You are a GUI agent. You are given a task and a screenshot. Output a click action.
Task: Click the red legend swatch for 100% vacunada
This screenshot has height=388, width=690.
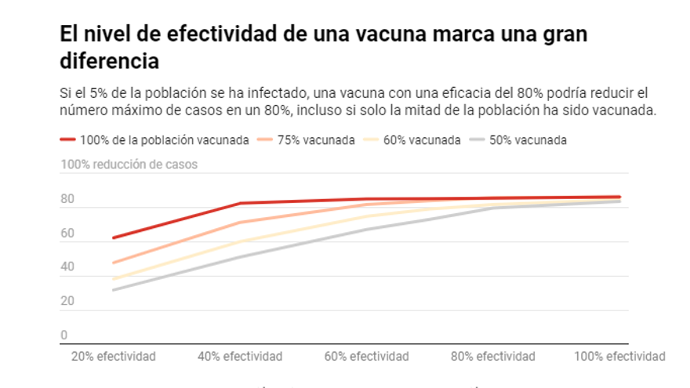coord(68,140)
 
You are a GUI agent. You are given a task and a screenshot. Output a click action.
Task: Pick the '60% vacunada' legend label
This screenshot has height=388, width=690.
coord(422,140)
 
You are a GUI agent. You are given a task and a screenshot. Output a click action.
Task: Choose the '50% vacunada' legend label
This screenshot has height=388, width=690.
coord(528,140)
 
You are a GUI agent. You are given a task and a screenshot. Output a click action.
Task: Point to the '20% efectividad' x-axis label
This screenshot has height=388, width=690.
coord(114,357)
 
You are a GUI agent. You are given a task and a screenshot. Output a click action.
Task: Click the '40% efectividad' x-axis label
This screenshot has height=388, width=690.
coord(240,357)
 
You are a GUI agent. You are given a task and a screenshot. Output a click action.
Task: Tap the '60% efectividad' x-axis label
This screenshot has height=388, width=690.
coord(367,357)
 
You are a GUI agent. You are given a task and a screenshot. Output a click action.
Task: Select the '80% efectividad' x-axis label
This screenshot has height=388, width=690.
coord(493,357)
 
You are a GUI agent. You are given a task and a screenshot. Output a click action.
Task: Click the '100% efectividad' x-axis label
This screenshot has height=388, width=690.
coord(619,357)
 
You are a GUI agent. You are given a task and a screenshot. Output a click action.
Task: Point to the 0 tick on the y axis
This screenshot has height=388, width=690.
coord(64,335)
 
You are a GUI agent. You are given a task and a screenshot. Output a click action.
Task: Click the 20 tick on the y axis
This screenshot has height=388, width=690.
coord(67,301)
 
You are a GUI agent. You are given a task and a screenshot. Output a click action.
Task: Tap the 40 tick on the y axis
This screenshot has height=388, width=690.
coord(67,267)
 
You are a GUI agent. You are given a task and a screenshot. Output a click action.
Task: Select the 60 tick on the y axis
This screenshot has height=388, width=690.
coord(67,234)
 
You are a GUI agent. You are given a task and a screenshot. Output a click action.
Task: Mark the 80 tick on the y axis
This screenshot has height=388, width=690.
coord(67,200)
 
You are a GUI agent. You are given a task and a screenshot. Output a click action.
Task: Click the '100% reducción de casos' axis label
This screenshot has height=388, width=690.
coord(129,165)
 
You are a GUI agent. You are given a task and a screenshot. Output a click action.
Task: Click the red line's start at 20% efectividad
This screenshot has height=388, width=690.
coord(114,238)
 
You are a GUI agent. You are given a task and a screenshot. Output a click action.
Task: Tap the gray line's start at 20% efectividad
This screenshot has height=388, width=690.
coord(114,290)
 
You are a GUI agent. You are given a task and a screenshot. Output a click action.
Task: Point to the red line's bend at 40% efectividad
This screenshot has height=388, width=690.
coord(240,204)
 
